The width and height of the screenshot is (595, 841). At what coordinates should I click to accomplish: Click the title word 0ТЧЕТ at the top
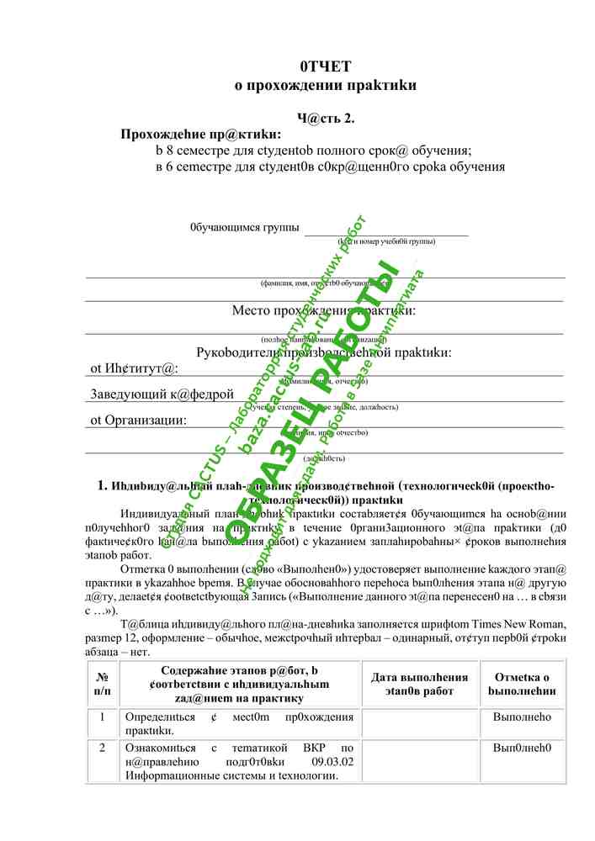pos(325,66)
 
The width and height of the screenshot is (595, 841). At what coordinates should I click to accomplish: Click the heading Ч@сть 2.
pos(325,119)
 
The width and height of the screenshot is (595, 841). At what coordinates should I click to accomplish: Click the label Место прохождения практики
pos(324,310)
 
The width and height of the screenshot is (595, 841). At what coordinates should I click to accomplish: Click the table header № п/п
pos(102,684)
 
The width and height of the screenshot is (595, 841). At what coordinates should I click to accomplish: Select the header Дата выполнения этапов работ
pos(419,684)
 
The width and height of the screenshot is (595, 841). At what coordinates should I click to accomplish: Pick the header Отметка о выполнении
pos(522,684)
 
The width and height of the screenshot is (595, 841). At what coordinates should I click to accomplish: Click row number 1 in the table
pos(102,717)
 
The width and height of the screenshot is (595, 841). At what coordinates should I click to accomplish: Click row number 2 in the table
pos(102,748)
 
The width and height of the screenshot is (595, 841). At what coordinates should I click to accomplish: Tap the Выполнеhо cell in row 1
pos(522,717)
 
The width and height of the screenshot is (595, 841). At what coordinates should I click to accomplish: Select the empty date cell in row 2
pos(419,761)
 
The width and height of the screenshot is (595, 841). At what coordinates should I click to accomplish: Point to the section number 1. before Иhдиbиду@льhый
pos(102,485)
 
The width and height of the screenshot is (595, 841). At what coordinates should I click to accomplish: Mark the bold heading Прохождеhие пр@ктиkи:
pos(201,135)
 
